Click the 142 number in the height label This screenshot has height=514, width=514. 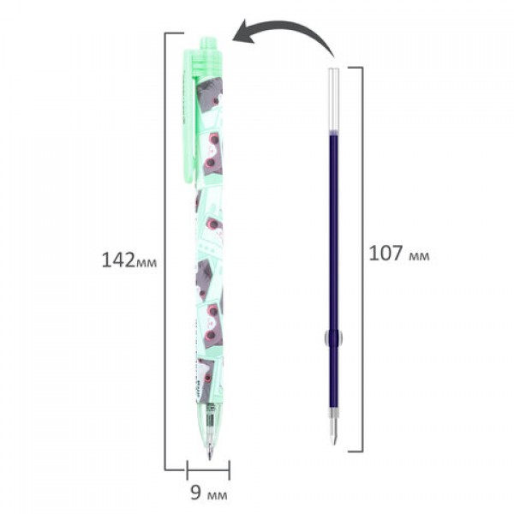[118, 260]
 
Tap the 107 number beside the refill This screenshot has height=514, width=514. [385, 254]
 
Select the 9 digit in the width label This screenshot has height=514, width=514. [195, 493]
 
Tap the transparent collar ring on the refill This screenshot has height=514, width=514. [334, 338]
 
